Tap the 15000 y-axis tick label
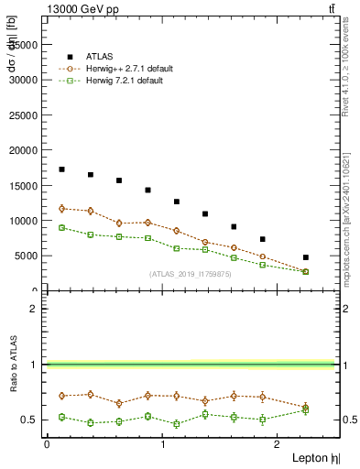pyautogui.click(x=24, y=185)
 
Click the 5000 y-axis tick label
pyautogui.click(x=27, y=256)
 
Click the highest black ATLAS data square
pyautogui.click(x=61, y=169)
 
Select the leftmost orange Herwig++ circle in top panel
pyautogui.click(x=61, y=209)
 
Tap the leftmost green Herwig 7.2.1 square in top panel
pyautogui.click(x=61, y=227)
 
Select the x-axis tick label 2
pyautogui.click(x=279, y=443)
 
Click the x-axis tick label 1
pyautogui.click(x=163, y=443)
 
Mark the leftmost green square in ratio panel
pyautogui.click(x=61, y=417)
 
